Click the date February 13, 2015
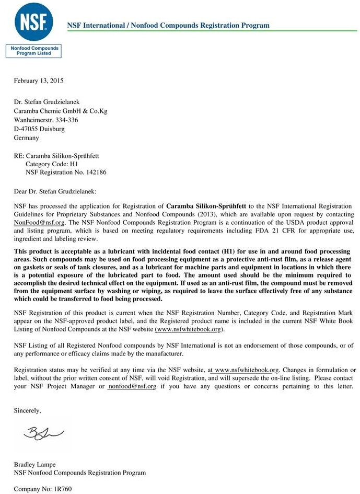point(39,81)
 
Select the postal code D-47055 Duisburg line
point(39,129)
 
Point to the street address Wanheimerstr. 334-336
point(46,120)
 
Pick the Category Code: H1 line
point(52,164)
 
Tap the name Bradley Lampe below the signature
point(34,464)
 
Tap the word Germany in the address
point(26,138)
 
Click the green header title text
point(168,25)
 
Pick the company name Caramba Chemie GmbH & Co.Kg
point(61,111)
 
